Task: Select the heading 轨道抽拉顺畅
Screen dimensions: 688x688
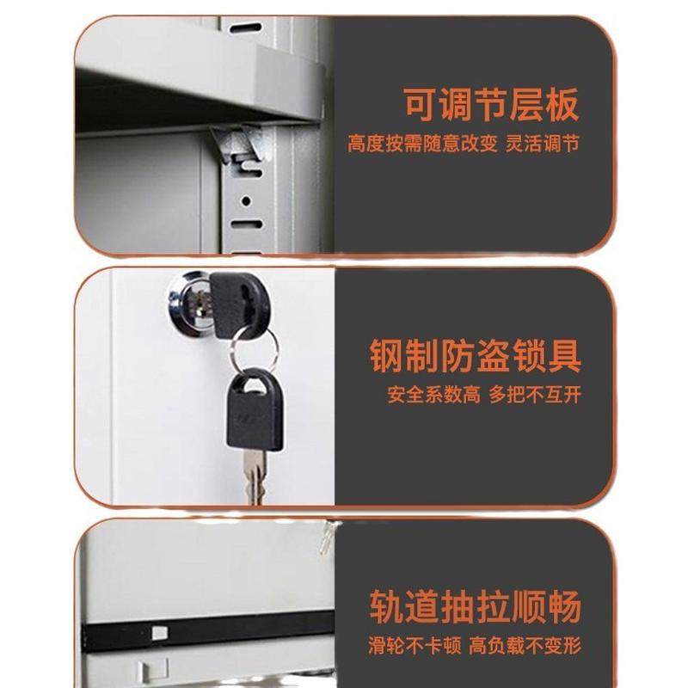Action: click(x=475, y=606)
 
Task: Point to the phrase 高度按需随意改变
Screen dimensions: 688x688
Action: click(x=423, y=144)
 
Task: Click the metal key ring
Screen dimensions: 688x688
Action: click(x=254, y=347)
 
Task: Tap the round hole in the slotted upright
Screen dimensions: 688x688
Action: click(x=246, y=201)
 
